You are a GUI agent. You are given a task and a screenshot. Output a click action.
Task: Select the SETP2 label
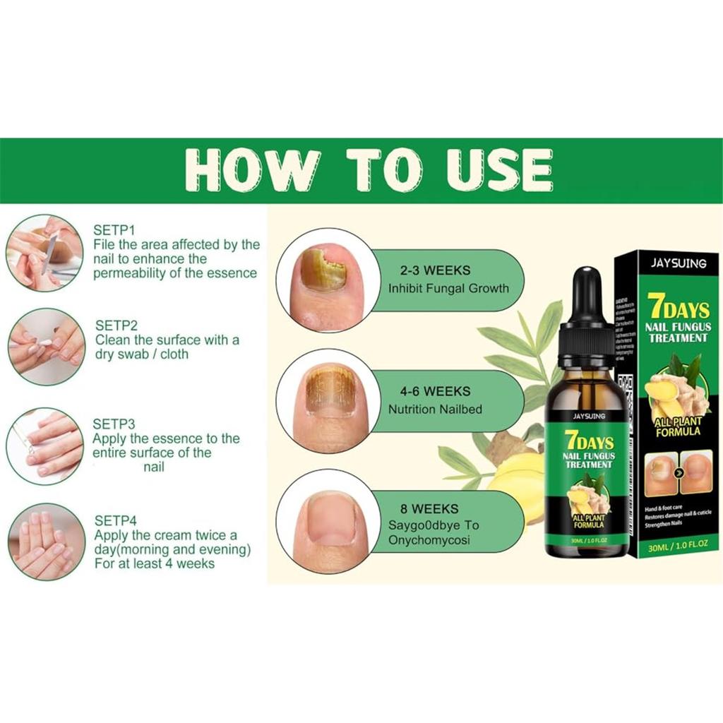(116, 325)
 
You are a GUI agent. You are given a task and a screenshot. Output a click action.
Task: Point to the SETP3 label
(114, 424)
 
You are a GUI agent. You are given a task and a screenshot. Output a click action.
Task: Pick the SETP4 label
(115, 520)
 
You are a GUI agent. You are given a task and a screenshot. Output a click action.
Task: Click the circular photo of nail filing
(44, 253)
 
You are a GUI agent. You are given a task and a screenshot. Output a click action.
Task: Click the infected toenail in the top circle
(322, 269)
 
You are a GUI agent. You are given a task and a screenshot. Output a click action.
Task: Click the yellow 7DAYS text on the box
(675, 308)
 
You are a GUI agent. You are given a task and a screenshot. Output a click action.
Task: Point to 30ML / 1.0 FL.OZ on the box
(676, 544)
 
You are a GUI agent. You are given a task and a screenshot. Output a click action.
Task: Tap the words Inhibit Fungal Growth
(448, 288)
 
